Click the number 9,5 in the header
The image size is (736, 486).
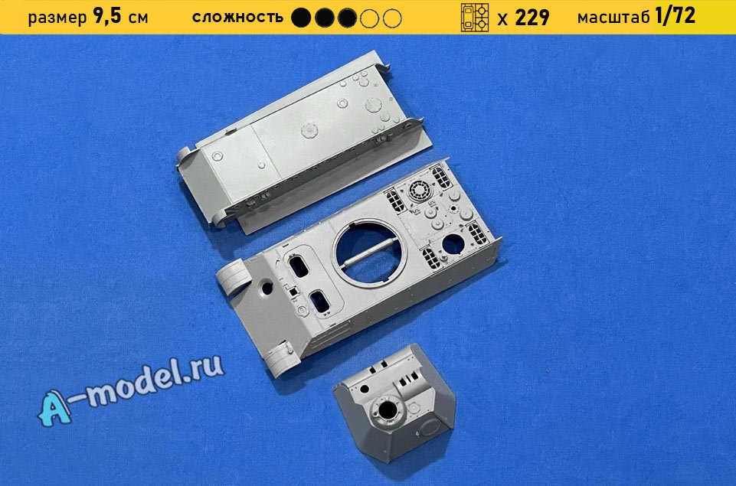(107, 17)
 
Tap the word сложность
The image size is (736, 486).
(237, 18)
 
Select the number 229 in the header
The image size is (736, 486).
(532, 18)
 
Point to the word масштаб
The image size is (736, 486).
(614, 18)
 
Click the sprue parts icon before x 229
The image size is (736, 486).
(475, 18)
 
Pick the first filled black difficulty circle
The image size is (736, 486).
(301, 18)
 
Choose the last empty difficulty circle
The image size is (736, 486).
(392, 18)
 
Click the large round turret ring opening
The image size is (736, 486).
(371, 253)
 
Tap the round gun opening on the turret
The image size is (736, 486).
(388, 410)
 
